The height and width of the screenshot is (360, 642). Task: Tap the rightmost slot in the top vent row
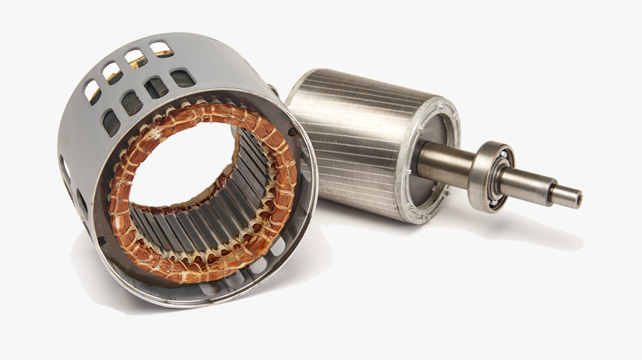pos(160,49)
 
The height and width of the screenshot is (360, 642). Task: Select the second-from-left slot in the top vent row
pos(113,72)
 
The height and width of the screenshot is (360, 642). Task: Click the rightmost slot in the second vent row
pos(182,78)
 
